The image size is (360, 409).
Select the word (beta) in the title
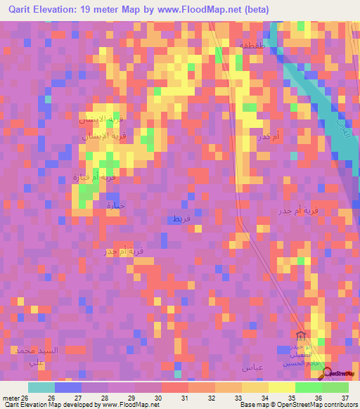click(x=268, y=9)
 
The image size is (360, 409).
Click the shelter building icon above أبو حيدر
click(x=300, y=335)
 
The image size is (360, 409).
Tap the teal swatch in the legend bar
click(x=41, y=387)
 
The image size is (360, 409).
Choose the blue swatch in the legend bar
click(x=68, y=387)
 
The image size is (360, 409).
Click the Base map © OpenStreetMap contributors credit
click(x=298, y=405)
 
